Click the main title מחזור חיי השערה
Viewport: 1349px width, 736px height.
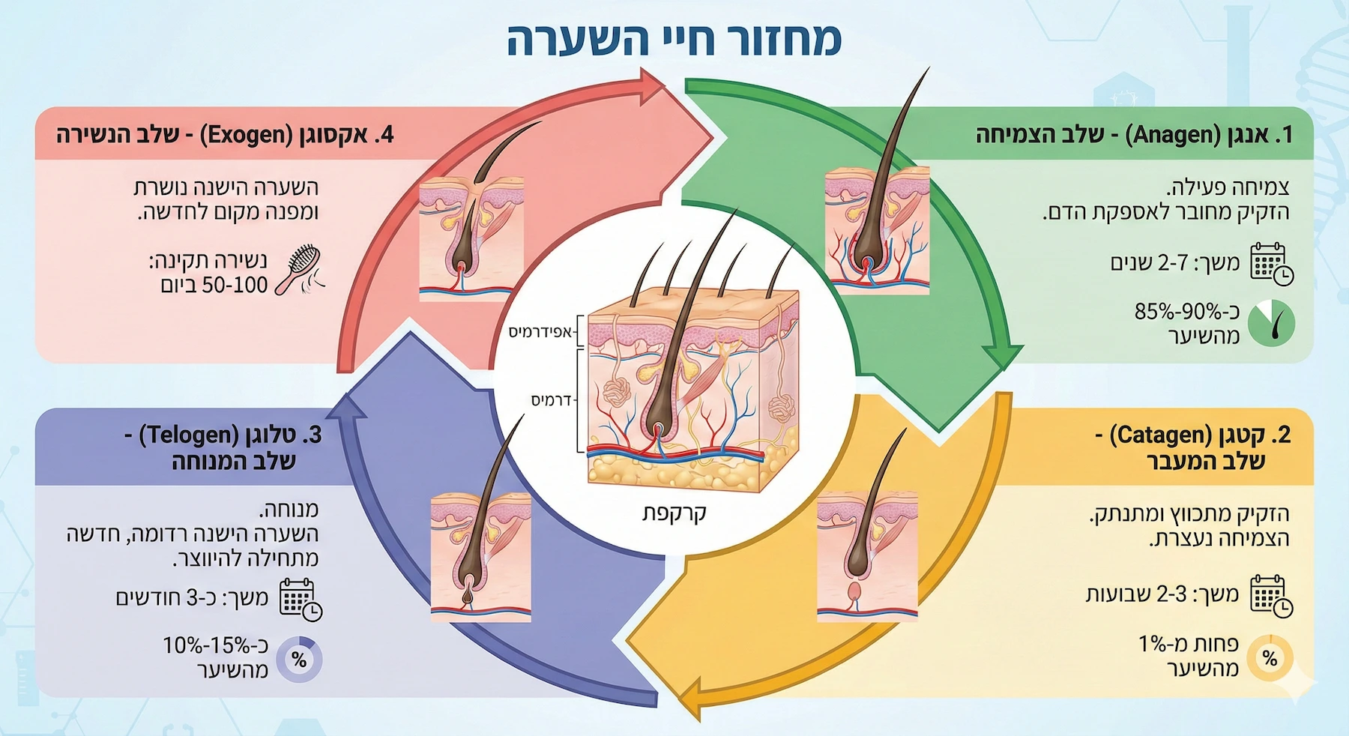[x=674, y=40]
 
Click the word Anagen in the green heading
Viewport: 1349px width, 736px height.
[x=1166, y=135]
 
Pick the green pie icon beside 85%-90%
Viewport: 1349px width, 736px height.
[x=1272, y=323]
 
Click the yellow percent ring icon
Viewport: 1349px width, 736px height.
[x=1270, y=658]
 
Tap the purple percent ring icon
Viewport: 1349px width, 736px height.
[x=299, y=660]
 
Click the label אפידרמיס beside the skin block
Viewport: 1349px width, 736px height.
[x=540, y=332]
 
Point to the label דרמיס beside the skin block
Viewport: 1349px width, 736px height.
[x=552, y=400]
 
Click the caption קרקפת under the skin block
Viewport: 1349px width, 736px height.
[x=674, y=513]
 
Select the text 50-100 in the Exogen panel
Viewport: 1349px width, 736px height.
[x=214, y=286]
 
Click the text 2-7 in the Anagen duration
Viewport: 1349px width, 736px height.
[x=1173, y=263]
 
